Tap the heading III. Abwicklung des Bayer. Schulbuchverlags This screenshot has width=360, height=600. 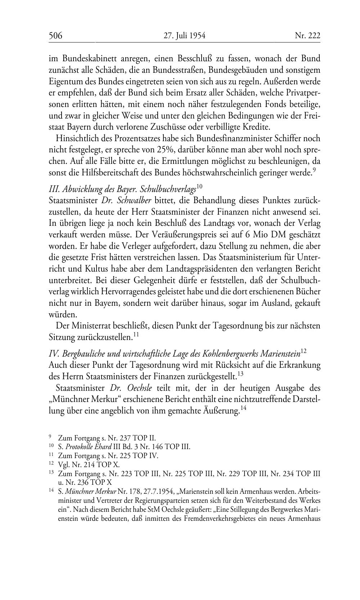122,189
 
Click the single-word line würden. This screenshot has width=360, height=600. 60,314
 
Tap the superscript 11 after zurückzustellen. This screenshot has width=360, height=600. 136,335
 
